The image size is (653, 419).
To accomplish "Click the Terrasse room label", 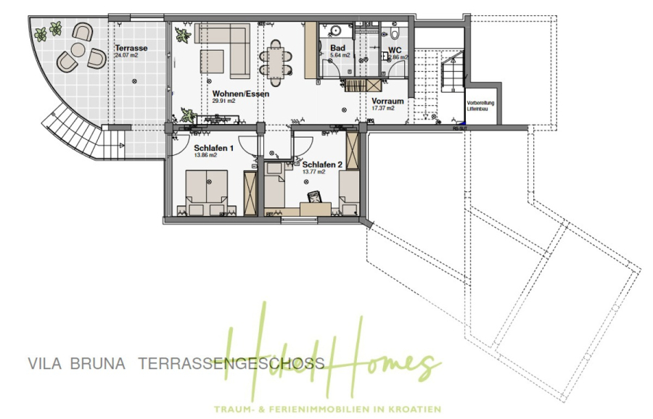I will [131, 48].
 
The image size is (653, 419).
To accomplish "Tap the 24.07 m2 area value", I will [126, 55].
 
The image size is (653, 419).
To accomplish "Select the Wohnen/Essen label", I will [237, 94].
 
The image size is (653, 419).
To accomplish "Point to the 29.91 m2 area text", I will [225, 101].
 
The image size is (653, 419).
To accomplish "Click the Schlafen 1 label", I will [213, 148].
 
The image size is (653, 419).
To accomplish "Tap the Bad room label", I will [337, 48].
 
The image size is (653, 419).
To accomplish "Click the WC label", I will [395, 50].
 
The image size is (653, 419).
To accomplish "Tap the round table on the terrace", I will [75, 51].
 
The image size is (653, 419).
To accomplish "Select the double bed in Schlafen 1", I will [207, 192].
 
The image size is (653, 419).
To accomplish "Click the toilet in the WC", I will [394, 33].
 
